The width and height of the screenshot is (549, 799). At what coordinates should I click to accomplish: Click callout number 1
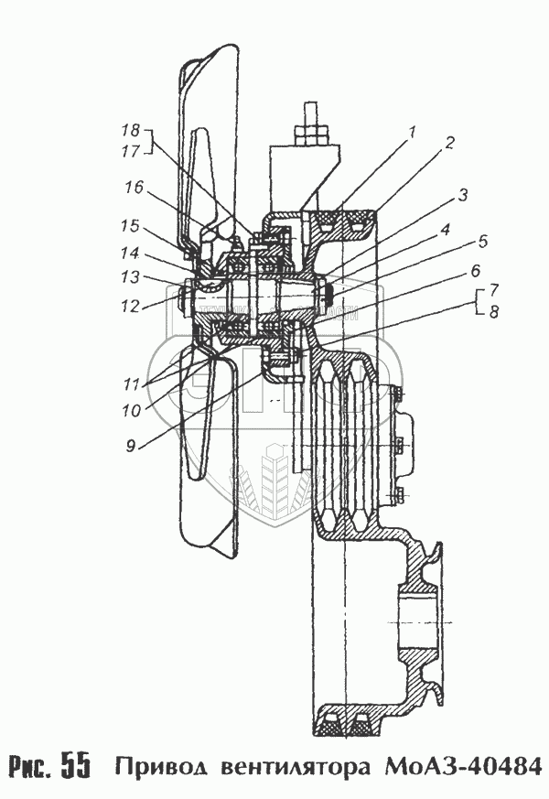(413, 133)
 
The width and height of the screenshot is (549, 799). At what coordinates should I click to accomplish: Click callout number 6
(476, 272)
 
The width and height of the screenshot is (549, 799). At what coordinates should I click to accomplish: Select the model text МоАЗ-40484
(464, 765)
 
